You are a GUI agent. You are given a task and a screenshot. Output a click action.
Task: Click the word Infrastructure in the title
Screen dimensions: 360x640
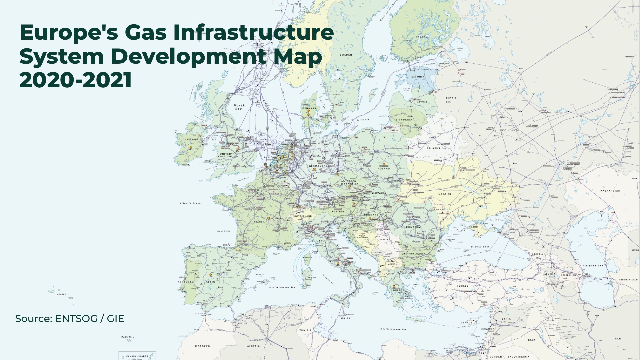coord(253,32)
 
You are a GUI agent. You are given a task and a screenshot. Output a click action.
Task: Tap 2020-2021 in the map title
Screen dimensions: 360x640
coord(76,80)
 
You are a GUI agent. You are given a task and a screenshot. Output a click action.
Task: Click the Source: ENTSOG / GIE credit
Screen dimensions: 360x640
coord(69,319)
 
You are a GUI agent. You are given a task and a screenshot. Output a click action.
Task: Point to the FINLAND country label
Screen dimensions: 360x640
coord(421,37)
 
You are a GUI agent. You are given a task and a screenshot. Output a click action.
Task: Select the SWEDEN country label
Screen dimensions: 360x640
coord(346,55)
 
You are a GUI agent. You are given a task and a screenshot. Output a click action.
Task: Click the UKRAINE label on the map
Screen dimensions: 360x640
coord(445,194)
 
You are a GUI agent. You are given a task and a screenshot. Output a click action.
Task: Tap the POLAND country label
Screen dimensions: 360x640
coord(384,169)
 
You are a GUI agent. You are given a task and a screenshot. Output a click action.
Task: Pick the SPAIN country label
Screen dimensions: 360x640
coord(210,282)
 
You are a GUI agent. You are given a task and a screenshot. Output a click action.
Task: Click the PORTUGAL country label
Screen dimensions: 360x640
coord(185,282)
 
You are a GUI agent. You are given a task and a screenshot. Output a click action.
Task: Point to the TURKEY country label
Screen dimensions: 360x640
coord(463,286)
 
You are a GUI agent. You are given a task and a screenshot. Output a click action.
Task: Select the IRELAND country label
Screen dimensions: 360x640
coord(192,139)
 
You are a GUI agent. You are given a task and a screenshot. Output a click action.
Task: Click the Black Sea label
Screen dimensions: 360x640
coord(480,247)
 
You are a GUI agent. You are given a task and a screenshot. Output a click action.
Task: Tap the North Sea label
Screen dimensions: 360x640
coord(239,107)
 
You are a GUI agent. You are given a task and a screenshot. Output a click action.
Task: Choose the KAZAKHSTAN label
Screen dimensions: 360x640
coord(610,191)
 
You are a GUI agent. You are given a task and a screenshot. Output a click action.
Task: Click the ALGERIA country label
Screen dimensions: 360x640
coord(253,346)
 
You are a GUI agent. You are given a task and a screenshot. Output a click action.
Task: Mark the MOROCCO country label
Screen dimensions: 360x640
coord(202,346)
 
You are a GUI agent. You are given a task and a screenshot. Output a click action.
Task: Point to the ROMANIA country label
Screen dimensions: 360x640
coord(413,227)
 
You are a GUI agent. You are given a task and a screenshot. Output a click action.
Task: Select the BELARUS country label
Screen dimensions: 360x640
coord(433,148)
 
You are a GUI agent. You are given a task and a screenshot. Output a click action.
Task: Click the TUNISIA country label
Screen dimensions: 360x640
coord(305,330)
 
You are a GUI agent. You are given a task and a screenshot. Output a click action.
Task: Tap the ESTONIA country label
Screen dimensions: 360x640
coord(418,77)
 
